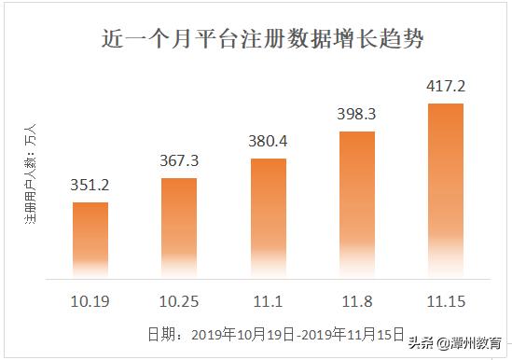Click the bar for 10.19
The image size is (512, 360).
90,239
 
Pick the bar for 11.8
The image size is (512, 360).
356,204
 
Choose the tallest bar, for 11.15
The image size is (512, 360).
445,190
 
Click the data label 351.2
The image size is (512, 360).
90,185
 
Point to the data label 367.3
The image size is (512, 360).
180,160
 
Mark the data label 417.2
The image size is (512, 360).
445,86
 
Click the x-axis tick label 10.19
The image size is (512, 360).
90,302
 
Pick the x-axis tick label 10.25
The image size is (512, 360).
179,302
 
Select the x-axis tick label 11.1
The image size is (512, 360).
268,302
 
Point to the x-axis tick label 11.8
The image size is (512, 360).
356,302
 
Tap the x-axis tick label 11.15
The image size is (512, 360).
445,302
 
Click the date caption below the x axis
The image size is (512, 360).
275,333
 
